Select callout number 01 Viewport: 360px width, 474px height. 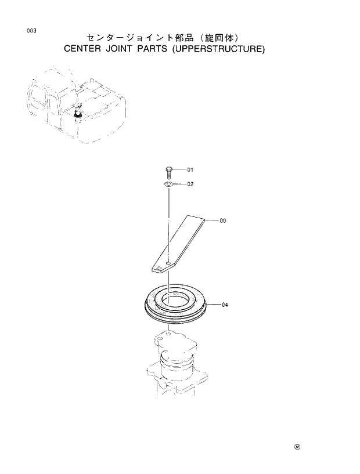[x=190, y=170]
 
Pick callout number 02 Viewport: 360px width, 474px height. [x=190, y=184]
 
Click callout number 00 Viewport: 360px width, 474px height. [x=223, y=221]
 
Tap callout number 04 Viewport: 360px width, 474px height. [x=224, y=305]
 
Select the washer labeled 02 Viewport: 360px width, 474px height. [x=168, y=184]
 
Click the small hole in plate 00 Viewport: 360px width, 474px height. [x=168, y=265]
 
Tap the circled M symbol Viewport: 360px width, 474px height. [x=297, y=447]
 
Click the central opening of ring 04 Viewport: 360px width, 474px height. [x=174, y=300]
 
